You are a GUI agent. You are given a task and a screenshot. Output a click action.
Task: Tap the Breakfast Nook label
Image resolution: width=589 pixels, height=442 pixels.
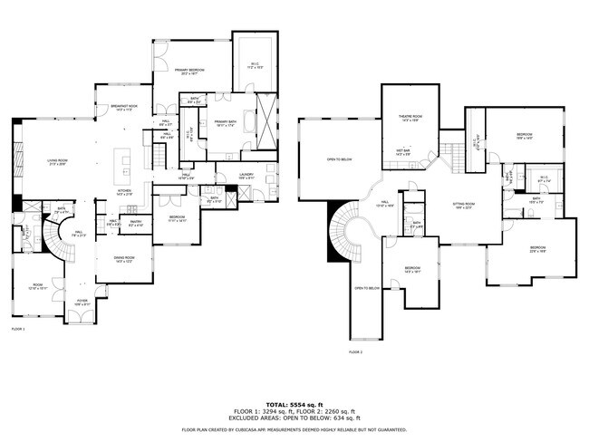124,108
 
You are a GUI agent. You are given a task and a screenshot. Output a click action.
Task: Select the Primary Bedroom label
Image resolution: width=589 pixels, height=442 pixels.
189,72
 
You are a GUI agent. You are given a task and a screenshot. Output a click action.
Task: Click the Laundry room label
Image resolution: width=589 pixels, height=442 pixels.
246,176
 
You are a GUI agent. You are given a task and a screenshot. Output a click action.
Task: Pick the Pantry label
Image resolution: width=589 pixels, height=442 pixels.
137,222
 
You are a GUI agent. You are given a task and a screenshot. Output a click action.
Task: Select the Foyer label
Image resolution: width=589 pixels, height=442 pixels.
82,303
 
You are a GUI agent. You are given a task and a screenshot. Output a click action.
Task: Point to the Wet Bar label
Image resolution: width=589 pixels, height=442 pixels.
403,152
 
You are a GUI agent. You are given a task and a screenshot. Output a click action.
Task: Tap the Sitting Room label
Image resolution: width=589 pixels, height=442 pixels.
464,206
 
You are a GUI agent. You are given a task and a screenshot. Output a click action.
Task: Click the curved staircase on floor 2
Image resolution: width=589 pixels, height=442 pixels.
343,230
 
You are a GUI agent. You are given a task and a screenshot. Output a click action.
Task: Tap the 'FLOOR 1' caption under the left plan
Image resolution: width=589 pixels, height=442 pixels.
17,329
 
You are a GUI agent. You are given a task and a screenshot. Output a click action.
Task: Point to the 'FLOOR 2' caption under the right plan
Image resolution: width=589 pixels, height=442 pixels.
355,351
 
